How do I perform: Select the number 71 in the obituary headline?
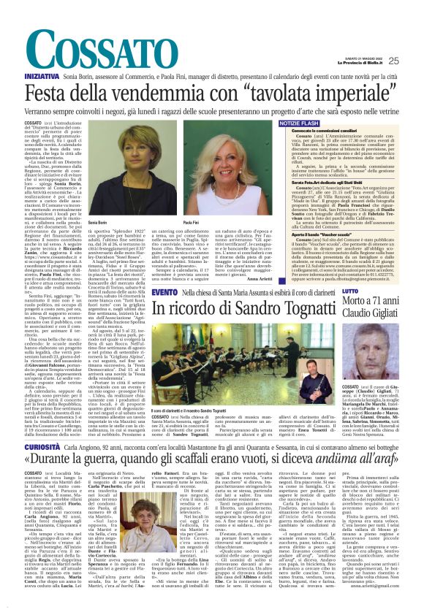[385, 301]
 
